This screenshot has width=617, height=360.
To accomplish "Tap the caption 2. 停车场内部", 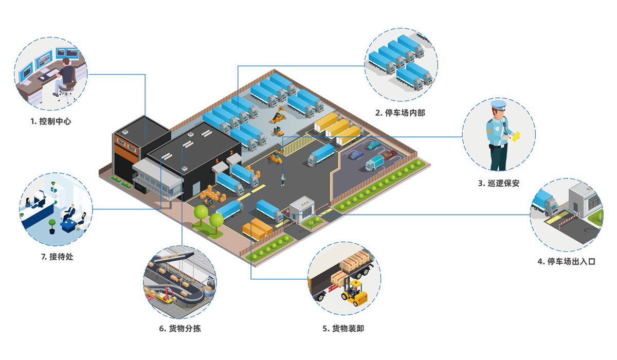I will [401, 113].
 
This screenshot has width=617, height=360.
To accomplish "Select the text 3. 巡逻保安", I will [498, 183].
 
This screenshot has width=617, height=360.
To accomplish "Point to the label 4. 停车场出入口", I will [566, 261].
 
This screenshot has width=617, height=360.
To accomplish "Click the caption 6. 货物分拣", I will [179, 328].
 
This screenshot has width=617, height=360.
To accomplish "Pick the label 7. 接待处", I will [57, 256].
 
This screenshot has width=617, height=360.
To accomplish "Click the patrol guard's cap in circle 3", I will [498, 105].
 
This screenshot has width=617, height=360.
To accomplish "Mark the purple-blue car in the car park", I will [356, 154].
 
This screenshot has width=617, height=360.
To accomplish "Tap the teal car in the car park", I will [374, 146].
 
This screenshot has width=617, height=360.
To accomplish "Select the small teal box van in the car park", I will [374, 163].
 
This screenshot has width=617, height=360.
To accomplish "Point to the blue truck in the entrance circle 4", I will [545, 202].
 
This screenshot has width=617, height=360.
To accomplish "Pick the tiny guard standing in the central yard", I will [282, 180].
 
